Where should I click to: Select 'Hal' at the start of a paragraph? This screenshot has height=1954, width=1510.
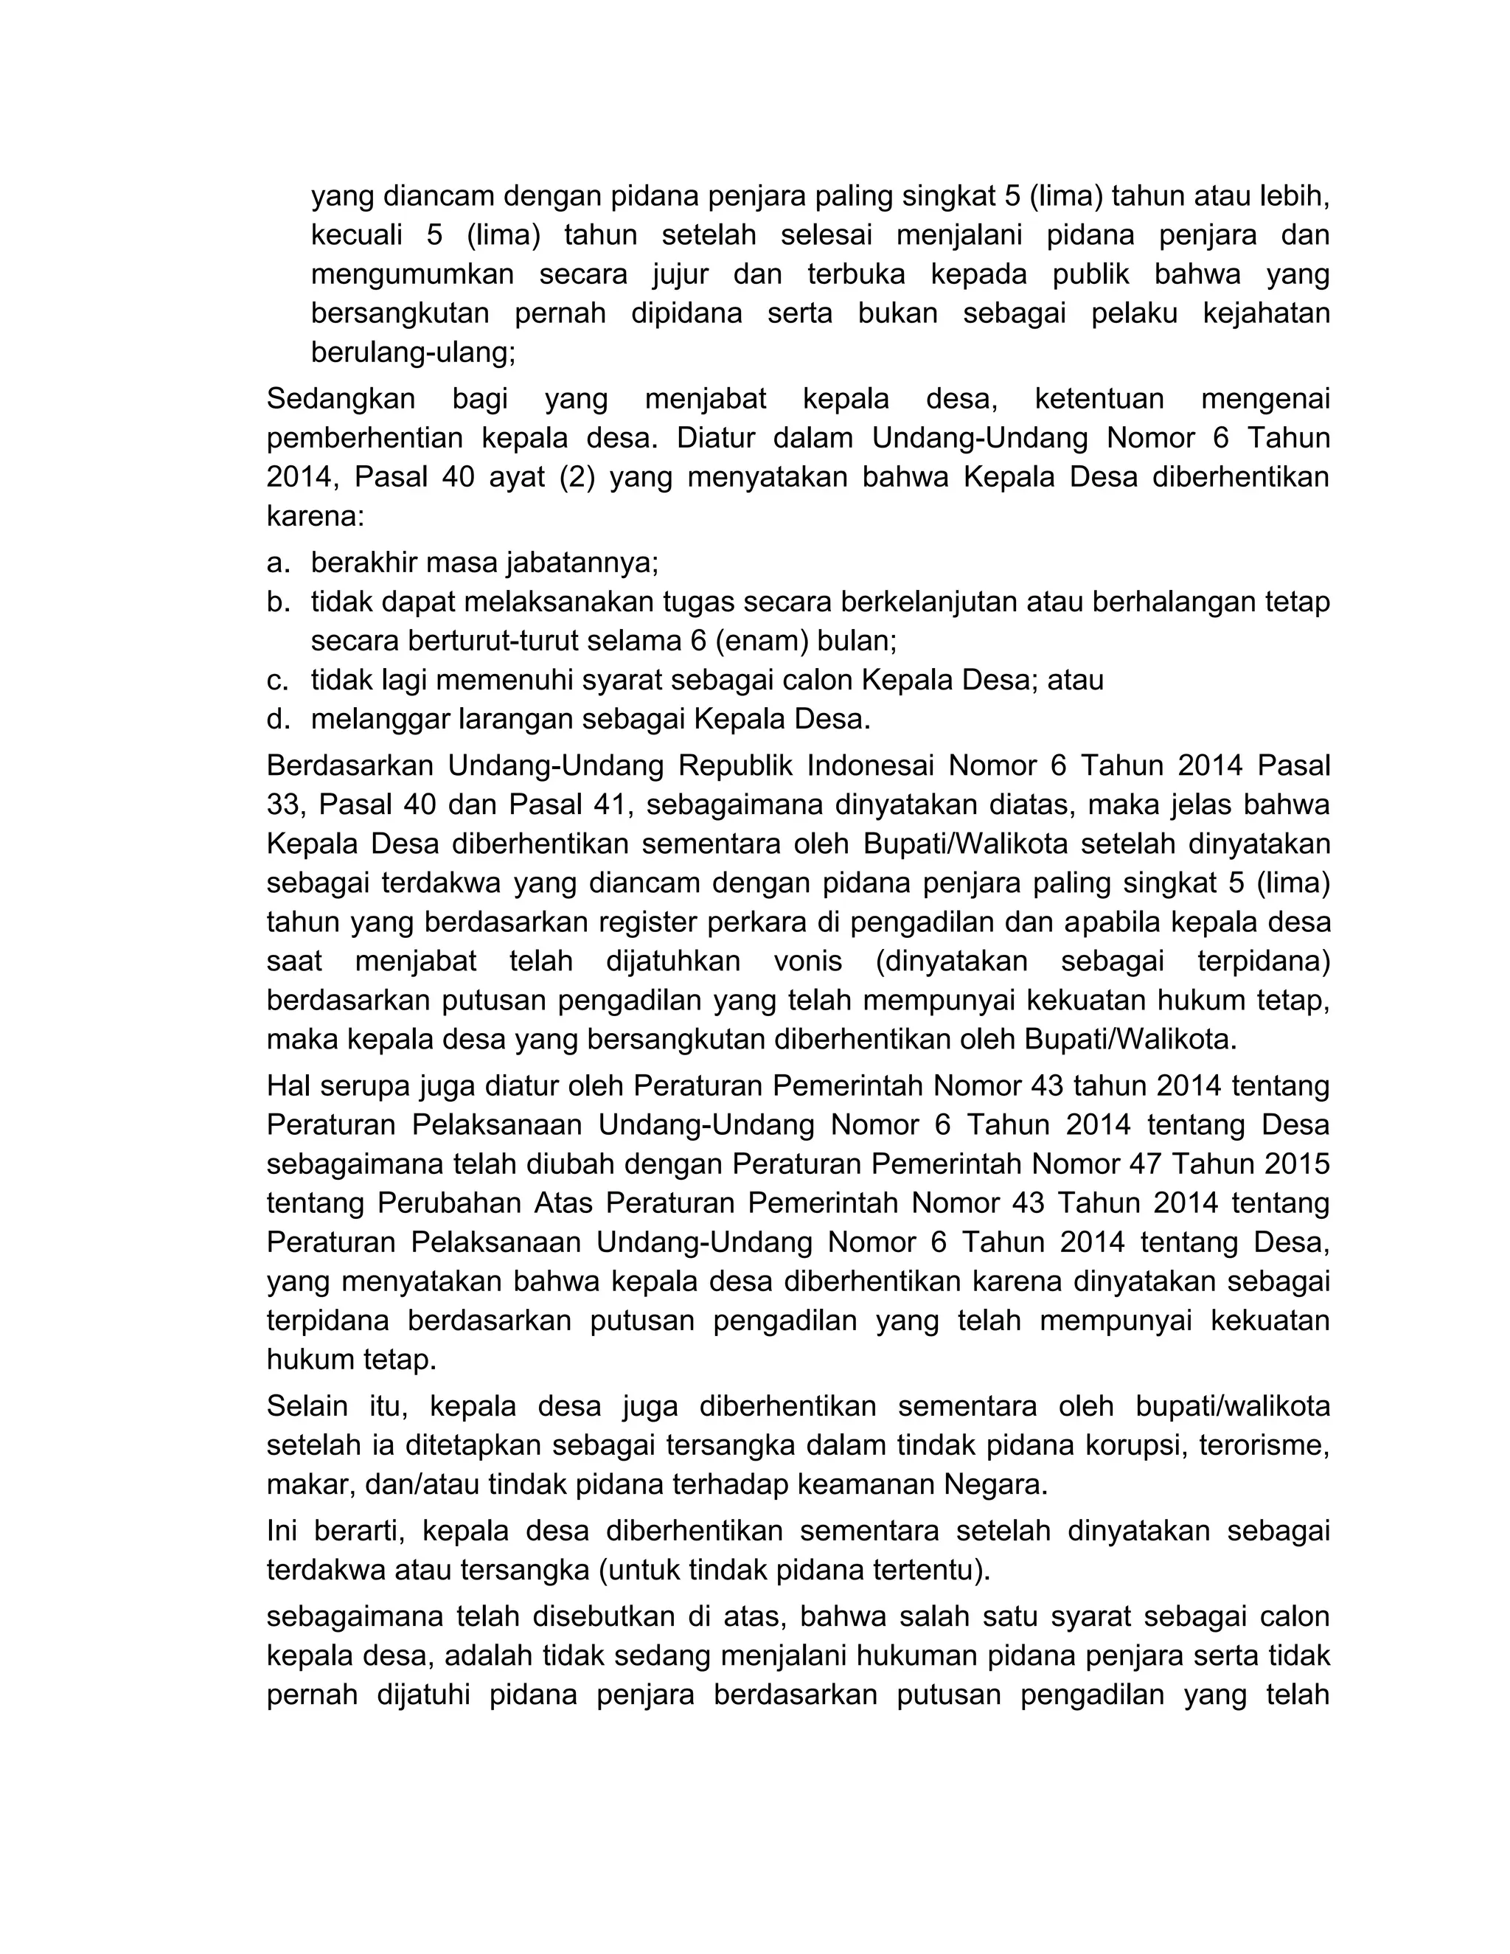(286, 1086)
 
